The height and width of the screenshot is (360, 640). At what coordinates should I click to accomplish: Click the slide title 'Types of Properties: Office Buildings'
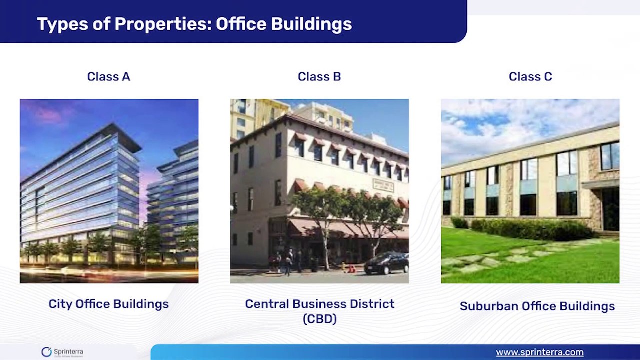click(194, 24)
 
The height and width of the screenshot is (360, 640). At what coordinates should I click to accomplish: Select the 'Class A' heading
click(108, 77)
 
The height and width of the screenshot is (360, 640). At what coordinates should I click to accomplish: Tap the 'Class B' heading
click(319, 77)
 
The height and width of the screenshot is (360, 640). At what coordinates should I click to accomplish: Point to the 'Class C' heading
click(530, 77)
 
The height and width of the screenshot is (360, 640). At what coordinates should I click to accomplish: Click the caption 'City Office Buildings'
click(108, 304)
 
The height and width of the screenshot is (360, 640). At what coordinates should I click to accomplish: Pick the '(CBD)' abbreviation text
click(319, 318)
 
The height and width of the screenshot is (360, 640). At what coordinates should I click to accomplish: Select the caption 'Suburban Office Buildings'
click(537, 306)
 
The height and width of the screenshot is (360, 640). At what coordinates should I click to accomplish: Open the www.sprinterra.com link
click(539, 352)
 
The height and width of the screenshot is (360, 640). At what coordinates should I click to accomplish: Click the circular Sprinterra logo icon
click(46, 352)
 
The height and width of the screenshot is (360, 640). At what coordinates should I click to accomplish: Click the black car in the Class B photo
click(386, 264)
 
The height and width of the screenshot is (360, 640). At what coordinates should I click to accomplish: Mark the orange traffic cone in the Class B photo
click(351, 269)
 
